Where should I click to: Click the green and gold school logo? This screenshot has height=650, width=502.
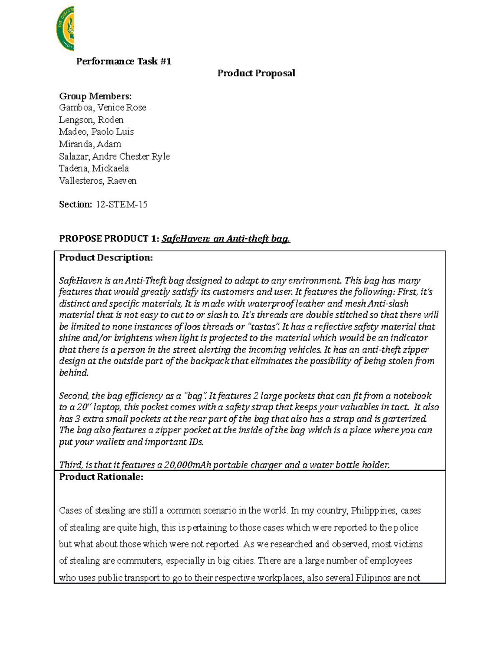tap(65, 28)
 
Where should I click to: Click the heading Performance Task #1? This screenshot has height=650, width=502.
tap(123, 62)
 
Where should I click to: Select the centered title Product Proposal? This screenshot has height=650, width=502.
tap(256, 73)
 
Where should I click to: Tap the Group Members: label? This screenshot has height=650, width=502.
tap(95, 96)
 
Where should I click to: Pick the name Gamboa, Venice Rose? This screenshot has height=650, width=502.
tap(102, 108)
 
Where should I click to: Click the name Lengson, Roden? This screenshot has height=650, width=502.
tap(91, 120)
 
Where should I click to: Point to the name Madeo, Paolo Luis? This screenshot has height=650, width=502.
tap(96, 132)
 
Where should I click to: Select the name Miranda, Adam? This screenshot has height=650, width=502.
tap(90, 144)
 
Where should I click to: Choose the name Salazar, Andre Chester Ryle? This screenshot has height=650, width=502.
tap(114, 156)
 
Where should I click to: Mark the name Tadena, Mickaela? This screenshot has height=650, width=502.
tap(94, 168)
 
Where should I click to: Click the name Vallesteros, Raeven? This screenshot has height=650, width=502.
tap(97, 181)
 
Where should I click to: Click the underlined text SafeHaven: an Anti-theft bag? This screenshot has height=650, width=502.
tap(226, 239)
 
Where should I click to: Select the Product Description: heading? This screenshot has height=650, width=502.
tap(106, 257)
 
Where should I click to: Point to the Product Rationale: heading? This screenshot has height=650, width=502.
tap(101, 477)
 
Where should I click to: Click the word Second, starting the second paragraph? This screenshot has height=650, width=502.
tap(74, 396)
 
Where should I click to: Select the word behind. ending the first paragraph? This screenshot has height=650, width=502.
tap(74, 373)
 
